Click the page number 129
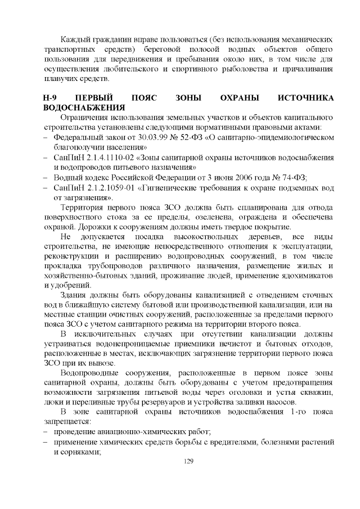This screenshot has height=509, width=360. [188, 461]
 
